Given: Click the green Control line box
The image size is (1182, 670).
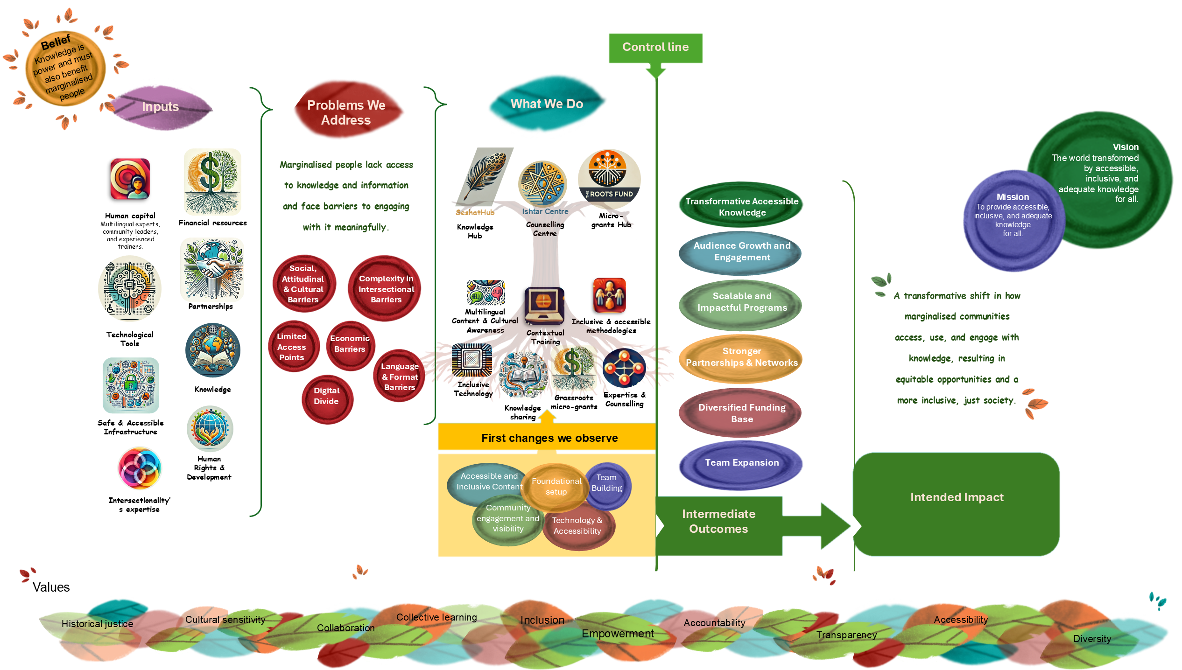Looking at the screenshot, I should point(655,48).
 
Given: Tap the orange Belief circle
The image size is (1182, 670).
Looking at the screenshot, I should point(65,68).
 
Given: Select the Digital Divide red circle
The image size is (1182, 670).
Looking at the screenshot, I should point(327,398).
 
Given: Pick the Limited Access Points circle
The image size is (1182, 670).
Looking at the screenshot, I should point(293,347).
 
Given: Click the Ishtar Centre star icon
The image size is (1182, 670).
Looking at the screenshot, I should point(542,184).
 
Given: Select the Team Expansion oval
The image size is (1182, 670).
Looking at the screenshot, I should point(741,464).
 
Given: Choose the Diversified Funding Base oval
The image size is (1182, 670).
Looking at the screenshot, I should point(741,413).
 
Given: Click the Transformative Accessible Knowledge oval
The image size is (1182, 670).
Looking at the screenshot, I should point(741,206).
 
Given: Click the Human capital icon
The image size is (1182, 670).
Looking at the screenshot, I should point(130,180).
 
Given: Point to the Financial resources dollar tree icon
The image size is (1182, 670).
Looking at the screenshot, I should point(213,181).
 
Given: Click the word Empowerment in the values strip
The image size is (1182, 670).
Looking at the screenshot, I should point(617,634).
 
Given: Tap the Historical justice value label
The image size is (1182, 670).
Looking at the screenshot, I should point(97,624).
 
